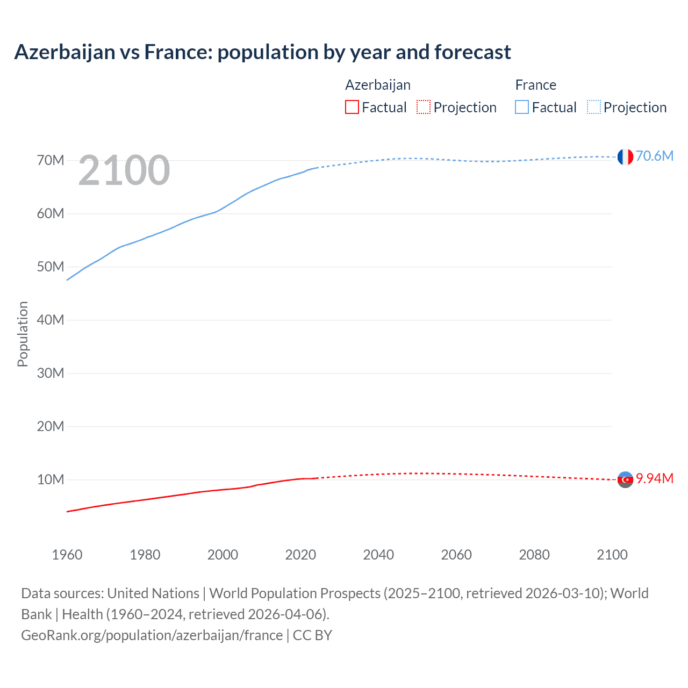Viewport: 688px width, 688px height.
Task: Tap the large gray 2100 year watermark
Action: tap(124, 170)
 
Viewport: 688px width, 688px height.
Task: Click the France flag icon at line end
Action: tap(625, 156)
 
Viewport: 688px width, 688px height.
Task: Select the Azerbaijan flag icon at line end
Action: tap(625, 479)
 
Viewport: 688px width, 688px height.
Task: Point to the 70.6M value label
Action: tap(654, 156)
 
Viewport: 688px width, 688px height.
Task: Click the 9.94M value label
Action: tap(654, 478)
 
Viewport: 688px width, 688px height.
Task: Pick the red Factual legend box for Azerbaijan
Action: tap(352, 107)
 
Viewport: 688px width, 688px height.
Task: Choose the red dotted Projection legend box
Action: tap(424, 107)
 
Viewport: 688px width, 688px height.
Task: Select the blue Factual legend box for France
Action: tap(521, 107)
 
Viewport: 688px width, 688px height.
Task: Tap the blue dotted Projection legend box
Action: tap(593, 107)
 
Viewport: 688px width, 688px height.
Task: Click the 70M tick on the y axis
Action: tap(51, 160)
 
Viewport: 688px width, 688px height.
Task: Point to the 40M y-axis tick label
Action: tap(51, 320)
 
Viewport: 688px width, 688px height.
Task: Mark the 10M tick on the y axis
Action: tap(51, 479)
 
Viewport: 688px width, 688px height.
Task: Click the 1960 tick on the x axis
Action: tap(67, 555)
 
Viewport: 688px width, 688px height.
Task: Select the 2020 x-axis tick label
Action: tap(300, 555)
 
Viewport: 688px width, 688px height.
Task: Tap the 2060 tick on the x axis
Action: tap(456, 555)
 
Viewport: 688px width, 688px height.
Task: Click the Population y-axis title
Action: tap(23, 334)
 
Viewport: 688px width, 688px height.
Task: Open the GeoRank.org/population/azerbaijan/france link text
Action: tap(152, 635)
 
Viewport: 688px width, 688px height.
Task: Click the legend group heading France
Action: tap(535, 85)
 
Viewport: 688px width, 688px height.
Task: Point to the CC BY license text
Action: tap(312, 635)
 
